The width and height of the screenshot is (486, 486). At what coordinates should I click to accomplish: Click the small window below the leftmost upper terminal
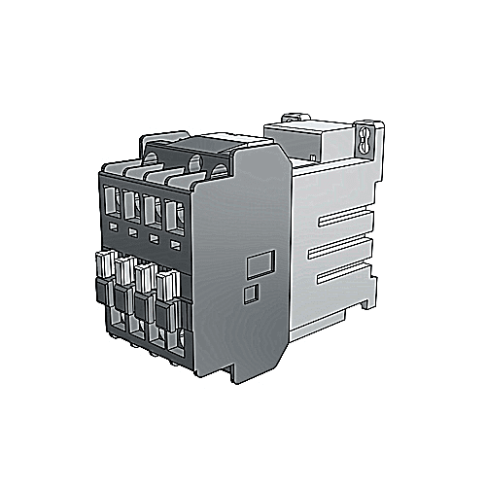113,226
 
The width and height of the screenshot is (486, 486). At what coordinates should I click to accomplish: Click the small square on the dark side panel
248,291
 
